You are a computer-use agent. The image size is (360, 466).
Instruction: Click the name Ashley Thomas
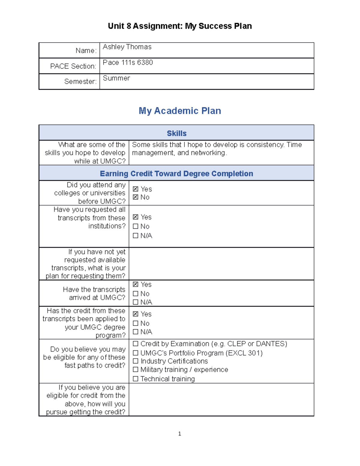point(127,47)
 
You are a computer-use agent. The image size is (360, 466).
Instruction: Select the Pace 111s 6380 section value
point(128,63)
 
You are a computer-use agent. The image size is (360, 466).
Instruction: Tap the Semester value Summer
point(116,78)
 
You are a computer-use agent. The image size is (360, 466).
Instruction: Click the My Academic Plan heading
point(180,111)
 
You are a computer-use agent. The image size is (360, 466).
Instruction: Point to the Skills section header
point(176,134)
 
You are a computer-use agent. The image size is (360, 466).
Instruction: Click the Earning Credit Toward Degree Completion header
point(176,174)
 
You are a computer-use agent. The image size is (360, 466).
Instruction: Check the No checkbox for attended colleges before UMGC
point(136,197)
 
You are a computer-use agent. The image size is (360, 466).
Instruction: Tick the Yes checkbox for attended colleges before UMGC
point(136,189)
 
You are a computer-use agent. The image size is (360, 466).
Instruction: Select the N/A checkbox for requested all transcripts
point(136,236)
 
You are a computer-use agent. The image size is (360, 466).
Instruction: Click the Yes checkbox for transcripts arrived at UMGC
point(136,284)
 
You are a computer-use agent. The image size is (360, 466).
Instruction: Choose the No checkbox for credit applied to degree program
point(136,323)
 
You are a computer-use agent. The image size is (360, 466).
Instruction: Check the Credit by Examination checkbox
point(136,344)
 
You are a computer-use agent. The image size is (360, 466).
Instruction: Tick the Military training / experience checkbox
point(136,369)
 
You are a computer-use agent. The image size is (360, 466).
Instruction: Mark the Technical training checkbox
point(136,379)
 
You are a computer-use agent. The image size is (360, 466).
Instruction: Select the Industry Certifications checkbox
point(136,361)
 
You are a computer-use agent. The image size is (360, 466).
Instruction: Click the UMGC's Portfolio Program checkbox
point(136,353)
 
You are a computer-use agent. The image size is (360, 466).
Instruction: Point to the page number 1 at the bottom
point(179,434)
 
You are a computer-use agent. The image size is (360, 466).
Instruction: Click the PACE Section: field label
point(73,66)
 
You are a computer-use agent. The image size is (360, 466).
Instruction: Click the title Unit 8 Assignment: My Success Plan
point(180,26)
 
